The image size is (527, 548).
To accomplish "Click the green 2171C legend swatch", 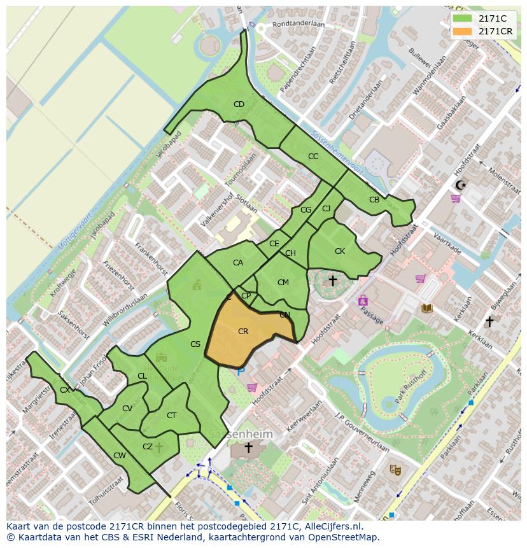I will [x=463, y=18].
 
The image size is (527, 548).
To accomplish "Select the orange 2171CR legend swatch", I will [x=463, y=31].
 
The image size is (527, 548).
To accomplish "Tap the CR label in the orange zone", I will [x=243, y=332].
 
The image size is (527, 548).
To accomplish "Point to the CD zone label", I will [x=239, y=104].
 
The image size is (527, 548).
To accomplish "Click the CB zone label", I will [x=374, y=200].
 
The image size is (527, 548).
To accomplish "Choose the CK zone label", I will [x=340, y=251].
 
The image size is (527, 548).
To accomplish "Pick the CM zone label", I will [x=283, y=283].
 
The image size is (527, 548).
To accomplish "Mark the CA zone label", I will [x=238, y=263].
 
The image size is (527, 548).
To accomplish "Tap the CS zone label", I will [x=195, y=344].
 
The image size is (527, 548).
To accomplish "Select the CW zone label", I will [x=119, y=456].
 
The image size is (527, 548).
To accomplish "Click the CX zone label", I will [x=64, y=390].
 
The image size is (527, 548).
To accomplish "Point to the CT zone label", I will [x=171, y=416].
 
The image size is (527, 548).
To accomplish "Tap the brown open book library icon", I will [x=426, y=308].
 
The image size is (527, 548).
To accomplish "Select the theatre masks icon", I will [x=395, y=470].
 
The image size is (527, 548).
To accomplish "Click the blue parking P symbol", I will [x=241, y=372].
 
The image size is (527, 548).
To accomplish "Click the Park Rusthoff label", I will [x=408, y=388].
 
